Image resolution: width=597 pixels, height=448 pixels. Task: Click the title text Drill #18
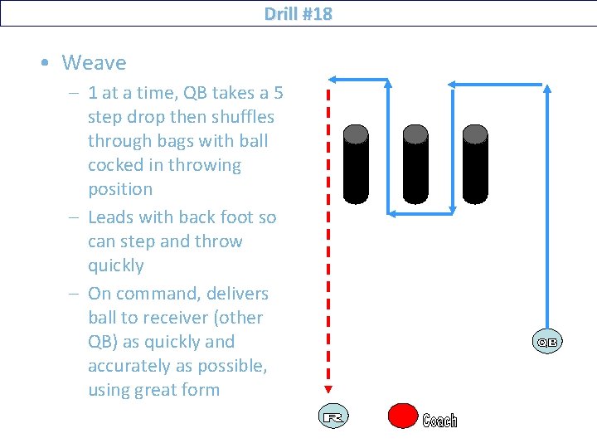pyautogui.click(x=298, y=14)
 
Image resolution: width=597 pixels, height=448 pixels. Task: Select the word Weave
pyautogui.click(x=94, y=62)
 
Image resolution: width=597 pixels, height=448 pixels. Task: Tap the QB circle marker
pyautogui.click(x=547, y=342)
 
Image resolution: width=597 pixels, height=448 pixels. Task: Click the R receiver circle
pyautogui.click(x=333, y=416)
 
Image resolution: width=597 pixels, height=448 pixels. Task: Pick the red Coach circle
pyautogui.click(x=403, y=416)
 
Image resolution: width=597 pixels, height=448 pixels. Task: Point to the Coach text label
pyautogui.click(x=439, y=421)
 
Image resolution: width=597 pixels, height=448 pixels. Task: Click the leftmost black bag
pyautogui.click(x=356, y=164)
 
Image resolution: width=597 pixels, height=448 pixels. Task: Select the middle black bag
pyautogui.click(x=415, y=164)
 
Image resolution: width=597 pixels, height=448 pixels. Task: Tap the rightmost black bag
pyautogui.click(x=475, y=164)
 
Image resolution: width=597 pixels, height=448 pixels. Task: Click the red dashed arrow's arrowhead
pyautogui.click(x=328, y=389)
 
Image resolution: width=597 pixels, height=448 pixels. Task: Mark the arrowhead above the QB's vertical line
pyautogui.click(x=547, y=89)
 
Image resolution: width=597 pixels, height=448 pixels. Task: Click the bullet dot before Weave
pyautogui.click(x=45, y=62)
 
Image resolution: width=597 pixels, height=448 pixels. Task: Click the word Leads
pyautogui.click(x=111, y=217)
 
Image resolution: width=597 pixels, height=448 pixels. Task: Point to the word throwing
pyautogui.click(x=205, y=166)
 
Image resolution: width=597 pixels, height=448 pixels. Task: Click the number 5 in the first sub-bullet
pyautogui.click(x=279, y=93)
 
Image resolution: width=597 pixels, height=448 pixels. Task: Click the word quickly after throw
pyautogui.click(x=116, y=266)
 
